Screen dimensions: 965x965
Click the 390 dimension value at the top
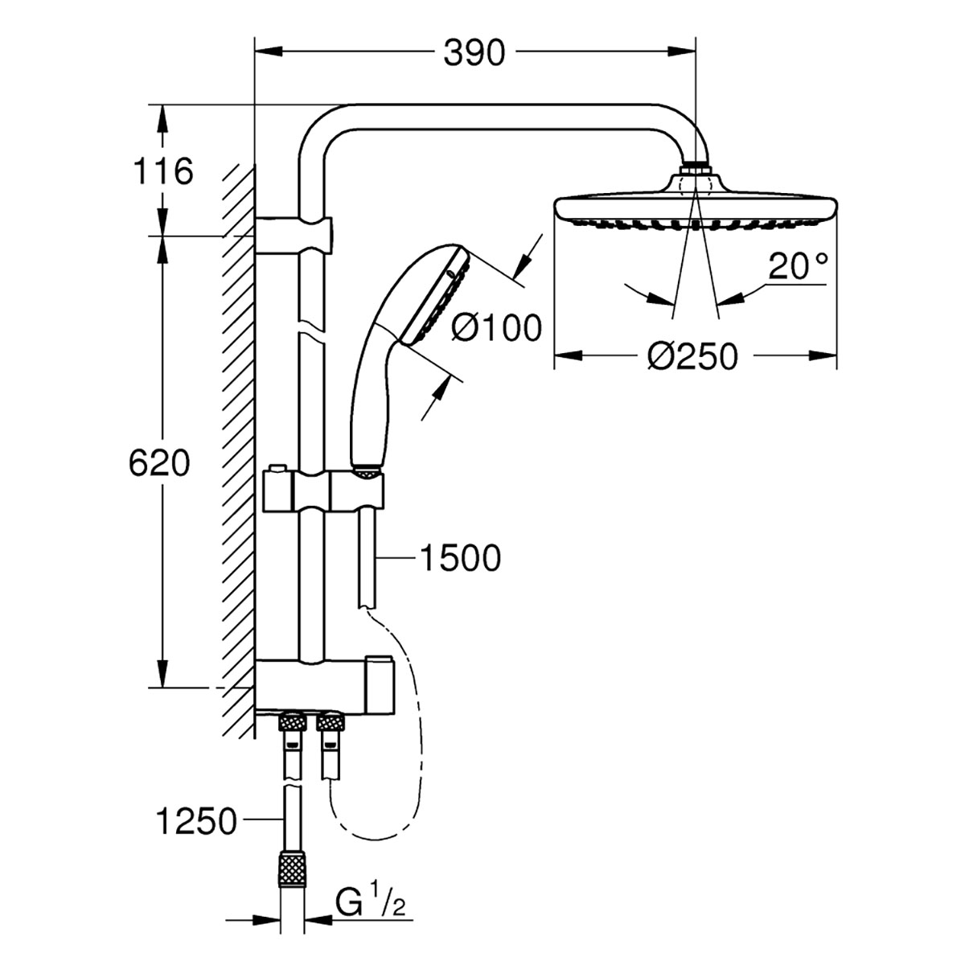point(474,53)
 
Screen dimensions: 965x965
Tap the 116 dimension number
point(163,171)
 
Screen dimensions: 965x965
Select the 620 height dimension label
point(158,464)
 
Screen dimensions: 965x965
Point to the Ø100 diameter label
point(496,328)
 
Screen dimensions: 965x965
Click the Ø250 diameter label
point(692,356)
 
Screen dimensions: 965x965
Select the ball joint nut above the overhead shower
point(696,170)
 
